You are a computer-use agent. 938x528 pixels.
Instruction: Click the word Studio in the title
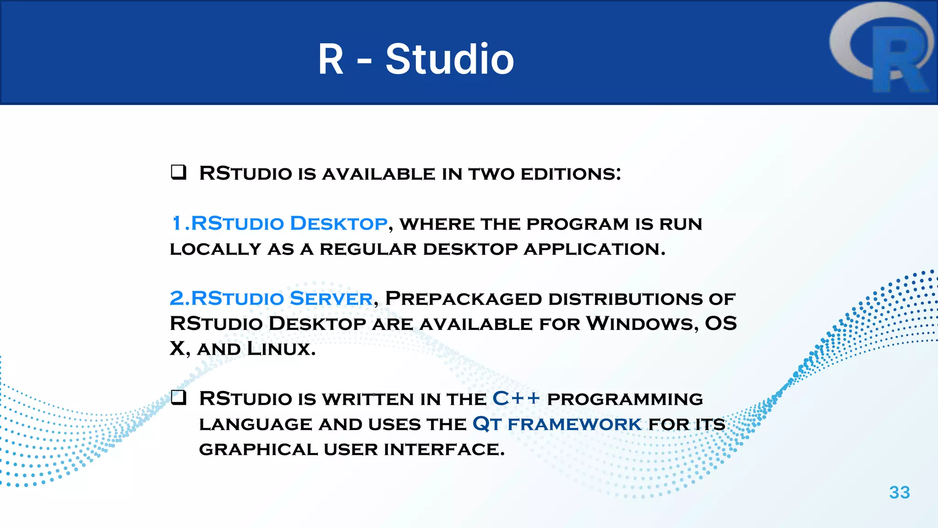pos(450,59)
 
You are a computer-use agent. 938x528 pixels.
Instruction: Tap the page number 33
pos(899,493)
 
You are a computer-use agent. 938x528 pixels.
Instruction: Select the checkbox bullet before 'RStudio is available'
pos(178,172)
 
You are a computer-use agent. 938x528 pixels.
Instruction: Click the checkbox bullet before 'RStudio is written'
pos(178,397)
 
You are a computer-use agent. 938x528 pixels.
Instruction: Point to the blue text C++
pos(516,398)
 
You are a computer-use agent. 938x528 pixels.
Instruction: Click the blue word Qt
pos(487,424)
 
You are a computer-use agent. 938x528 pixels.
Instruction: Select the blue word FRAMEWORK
pos(574,424)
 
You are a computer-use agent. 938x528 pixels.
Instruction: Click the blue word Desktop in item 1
pos(339,224)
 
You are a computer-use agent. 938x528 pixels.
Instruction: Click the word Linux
pos(281,349)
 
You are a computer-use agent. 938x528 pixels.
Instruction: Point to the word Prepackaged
pos(464,299)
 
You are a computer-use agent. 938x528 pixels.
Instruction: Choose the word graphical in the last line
pos(258,449)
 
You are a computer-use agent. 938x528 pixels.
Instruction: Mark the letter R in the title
pos(331,59)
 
